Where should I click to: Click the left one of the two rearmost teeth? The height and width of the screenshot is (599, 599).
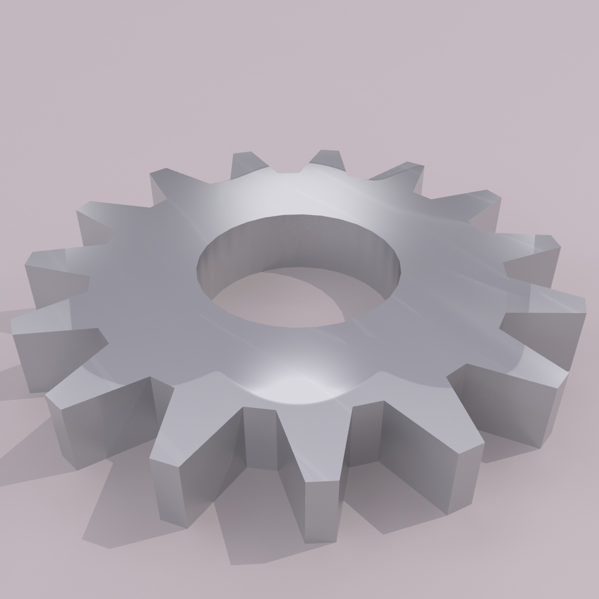(x=245, y=162)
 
